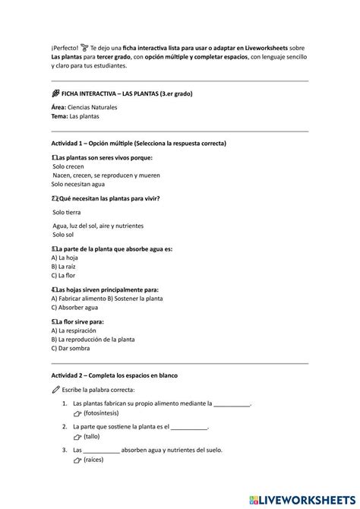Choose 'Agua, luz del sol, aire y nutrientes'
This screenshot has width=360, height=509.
pos(99,226)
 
